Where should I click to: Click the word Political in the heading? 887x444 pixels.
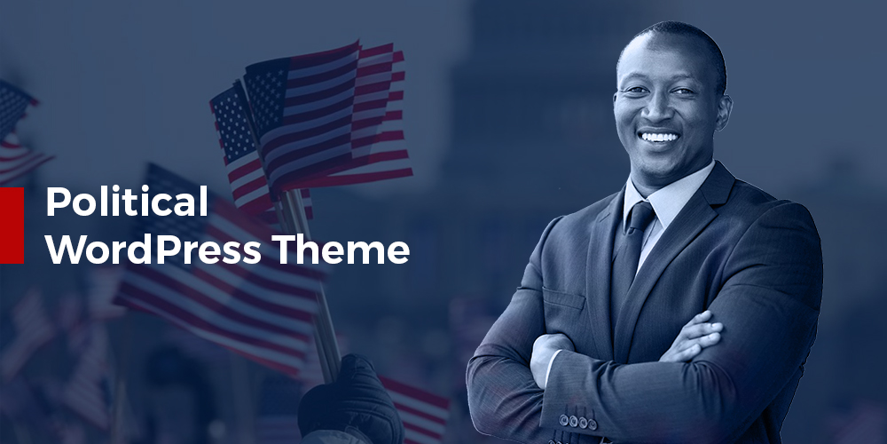(x=127, y=202)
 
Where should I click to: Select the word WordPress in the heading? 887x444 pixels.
(x=153, y=250)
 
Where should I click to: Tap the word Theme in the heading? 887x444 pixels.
(x=341, y=250)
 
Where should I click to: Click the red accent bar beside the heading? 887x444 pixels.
(x=12, y=226)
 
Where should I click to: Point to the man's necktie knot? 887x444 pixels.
(x=640, y=215)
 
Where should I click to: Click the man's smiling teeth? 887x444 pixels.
(x=660, y=137)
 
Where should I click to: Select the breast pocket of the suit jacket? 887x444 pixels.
(x=564, y=298)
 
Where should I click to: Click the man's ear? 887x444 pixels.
(x=723, y=114)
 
